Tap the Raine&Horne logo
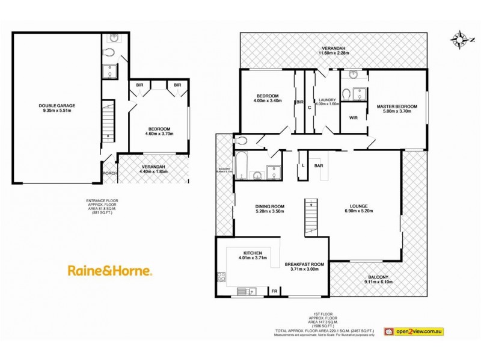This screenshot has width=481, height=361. [109, 271]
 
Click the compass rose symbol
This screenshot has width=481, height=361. [460, 40]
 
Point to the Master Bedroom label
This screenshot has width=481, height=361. [397, 110]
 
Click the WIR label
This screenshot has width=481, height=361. [354, 118]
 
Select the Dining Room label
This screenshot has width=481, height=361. [269, 209]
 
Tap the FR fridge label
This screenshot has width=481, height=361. [275, 291]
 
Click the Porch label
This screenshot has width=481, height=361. [109, 174]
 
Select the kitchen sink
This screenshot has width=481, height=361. [245, 291]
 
